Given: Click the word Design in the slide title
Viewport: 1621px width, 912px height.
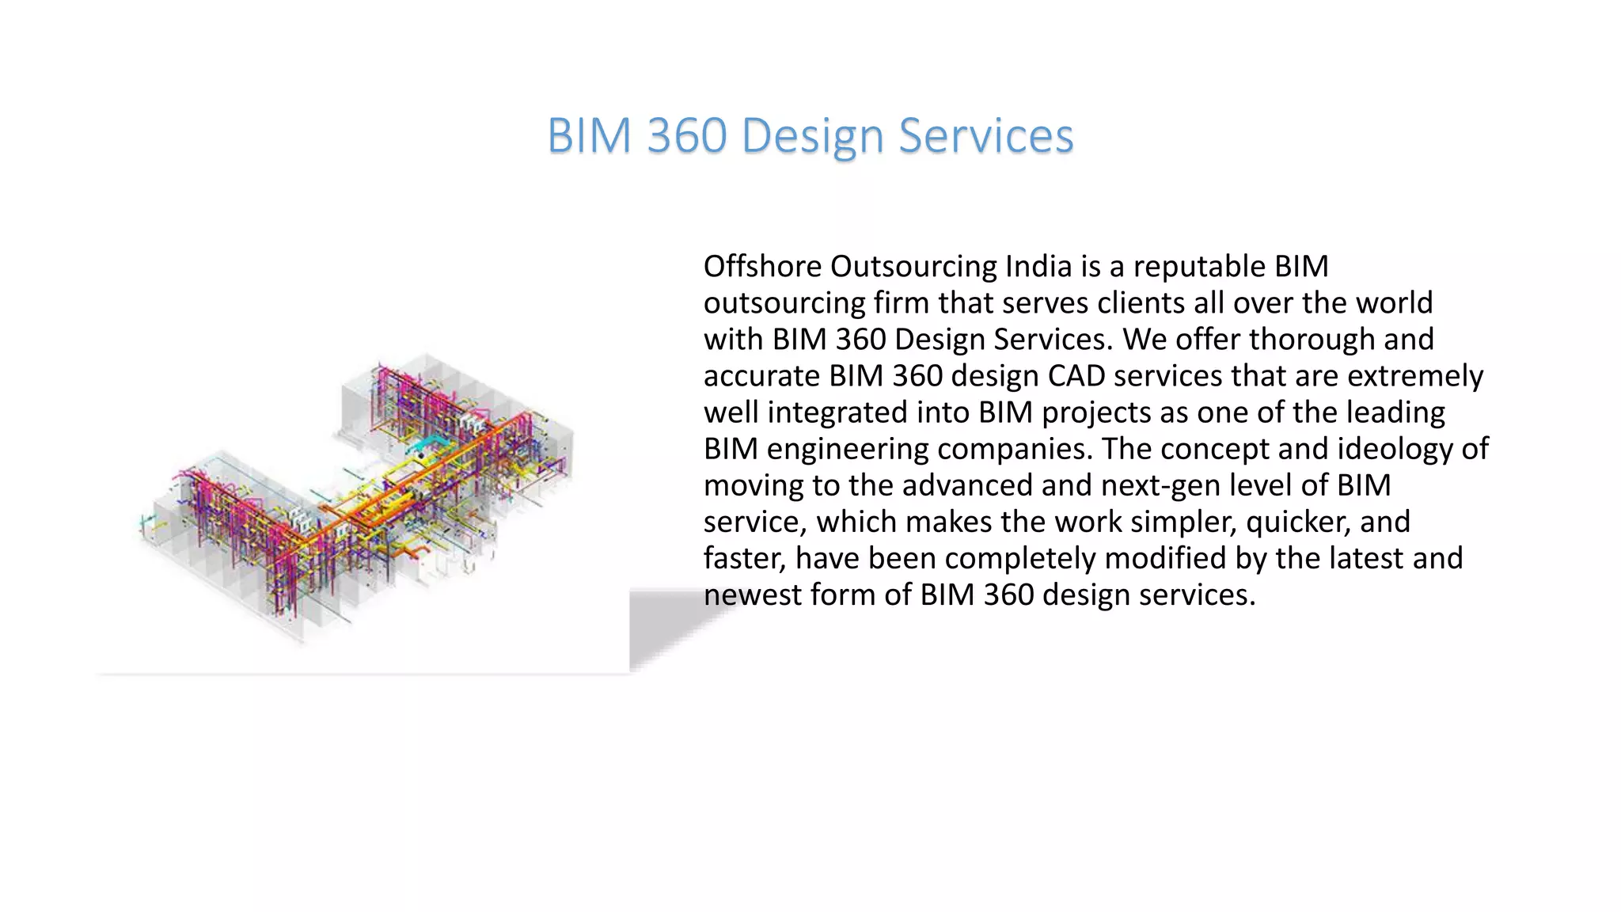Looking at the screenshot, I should pos(811,136).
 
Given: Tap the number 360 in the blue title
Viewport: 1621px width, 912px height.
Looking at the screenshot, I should pos(686,135).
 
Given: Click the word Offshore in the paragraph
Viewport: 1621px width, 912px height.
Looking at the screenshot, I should pos(762,267).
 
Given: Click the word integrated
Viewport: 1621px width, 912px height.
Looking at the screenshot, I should pos(837,412).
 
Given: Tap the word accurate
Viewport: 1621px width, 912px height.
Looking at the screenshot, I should pos(761,376).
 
